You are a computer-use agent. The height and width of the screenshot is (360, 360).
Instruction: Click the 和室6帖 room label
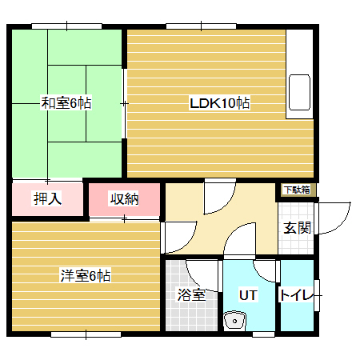point(66,102)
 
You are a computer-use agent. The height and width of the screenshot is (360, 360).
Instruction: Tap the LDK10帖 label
point(220,103)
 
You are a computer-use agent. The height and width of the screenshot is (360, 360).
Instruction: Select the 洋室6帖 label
point(86,276)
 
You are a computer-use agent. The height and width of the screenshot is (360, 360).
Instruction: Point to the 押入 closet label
point(47,198)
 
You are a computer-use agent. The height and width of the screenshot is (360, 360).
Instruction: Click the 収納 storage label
point(124,198)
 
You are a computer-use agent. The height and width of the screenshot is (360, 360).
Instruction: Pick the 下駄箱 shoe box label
point(297,190)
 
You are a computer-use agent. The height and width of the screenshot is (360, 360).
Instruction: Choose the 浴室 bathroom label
point(191,294)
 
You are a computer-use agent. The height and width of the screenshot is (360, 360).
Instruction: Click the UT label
point(249,294)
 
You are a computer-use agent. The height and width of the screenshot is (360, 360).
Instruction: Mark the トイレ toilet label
point(299,295)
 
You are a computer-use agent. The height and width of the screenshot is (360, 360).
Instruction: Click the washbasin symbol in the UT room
point(236,322)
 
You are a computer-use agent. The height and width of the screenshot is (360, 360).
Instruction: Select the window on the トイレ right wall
point(318,294)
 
